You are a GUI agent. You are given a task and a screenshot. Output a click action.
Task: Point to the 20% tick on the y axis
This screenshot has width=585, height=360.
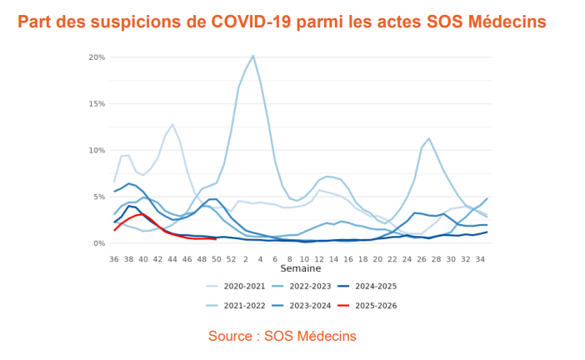(96, 57)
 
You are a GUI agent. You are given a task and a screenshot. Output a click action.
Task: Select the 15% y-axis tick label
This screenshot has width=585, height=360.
(96, 104)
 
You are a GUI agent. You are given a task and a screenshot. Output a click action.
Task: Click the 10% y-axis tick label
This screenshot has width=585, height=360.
(96, 151)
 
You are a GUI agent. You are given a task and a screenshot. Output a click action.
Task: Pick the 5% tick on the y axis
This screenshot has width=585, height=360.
(98, 197)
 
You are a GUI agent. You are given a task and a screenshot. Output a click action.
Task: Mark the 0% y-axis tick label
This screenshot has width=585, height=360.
(98, 243)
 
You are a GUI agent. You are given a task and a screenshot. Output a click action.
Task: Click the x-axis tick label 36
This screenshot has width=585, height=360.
(114, 259)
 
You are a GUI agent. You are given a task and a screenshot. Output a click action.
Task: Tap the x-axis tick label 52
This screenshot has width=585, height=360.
(231, 259)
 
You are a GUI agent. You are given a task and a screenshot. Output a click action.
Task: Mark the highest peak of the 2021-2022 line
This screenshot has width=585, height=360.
(252, 56)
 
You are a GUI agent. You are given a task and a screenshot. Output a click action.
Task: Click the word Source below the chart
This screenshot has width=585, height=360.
(232, 336)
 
